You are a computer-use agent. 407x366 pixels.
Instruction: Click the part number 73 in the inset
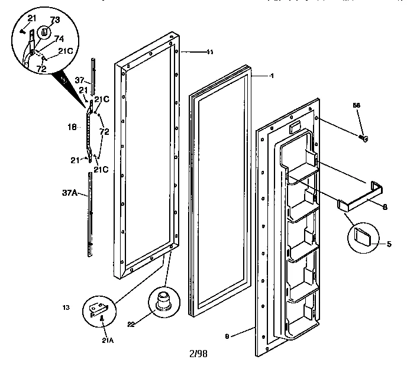(x=54, y=20)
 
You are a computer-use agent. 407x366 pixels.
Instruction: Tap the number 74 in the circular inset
(x=59, y=39)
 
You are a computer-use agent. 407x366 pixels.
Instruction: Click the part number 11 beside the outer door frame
(x=209, y=52)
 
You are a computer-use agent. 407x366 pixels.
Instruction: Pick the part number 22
(x=131, y=324)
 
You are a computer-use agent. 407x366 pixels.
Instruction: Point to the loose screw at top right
(x=364, y=138)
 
